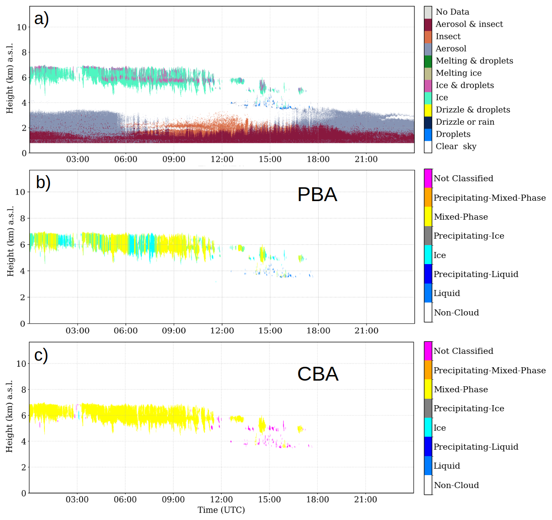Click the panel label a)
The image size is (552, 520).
(x=41, y=19)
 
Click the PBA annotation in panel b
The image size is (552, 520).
(x=317, y=195)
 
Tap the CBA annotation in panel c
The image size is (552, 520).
(x=318, y=374)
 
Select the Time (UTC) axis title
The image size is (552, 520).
(x=221, y=510)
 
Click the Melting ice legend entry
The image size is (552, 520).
(x=458, y=73)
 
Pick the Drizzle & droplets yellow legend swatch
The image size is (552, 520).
(x=428, y=110)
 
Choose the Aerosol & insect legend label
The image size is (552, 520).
(x=469, y=24)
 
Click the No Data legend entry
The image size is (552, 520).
(x=452, y=12)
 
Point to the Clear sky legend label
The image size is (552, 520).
(x=456, y=147)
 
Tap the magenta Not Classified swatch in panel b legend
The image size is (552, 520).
(x=428, y=178)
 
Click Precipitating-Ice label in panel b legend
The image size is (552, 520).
(x=469, y=236)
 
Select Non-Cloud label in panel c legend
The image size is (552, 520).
(x=456, y=485)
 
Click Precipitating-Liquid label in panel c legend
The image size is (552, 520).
(x=476, y=447)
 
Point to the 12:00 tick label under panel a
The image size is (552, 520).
(x=222, y=160)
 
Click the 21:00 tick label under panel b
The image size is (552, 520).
(x=366, y=331)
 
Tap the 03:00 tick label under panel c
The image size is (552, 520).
(x=77, y=500)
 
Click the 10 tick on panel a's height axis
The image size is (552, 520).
(x=22, y=27)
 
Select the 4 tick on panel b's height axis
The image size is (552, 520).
(x=23, y=271)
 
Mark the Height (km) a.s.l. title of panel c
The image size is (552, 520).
(x=10, y=416)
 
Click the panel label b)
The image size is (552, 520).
(x=43, y=183)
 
